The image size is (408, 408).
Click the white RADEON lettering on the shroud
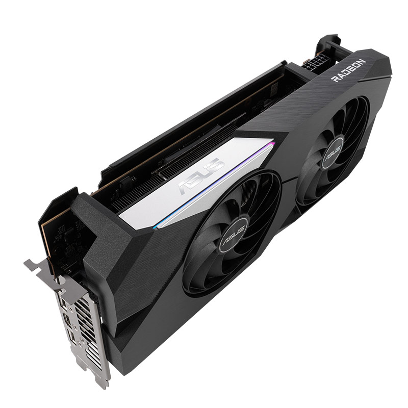tap(349, 70)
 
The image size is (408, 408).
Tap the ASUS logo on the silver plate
tap(201, 176)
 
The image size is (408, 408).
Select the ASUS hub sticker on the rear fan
tap(332, 154)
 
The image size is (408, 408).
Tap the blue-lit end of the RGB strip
tap(156, 227)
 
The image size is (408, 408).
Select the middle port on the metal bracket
tap(67, 319)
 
